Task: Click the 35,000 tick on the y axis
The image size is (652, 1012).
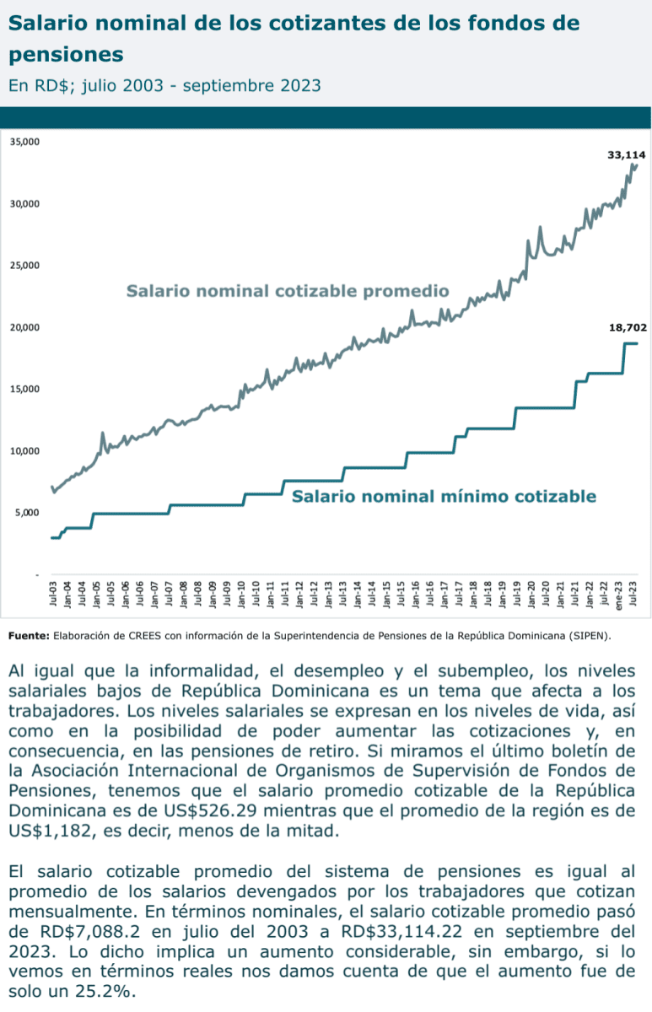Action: tap(24, 142)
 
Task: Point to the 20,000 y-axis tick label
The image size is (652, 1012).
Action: tap(24, 327)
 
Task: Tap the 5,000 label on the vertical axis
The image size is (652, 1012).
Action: tap(27, 513)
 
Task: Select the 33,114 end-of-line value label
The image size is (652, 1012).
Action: tap(626, 155)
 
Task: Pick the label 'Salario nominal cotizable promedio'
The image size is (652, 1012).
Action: tap(287, 292)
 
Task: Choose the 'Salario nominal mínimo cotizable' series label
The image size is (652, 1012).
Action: tap(444, 496)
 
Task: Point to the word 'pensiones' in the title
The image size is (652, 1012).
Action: tap(67, 55)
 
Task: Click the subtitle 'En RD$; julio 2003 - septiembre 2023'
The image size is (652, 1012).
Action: tap(164, 86)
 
